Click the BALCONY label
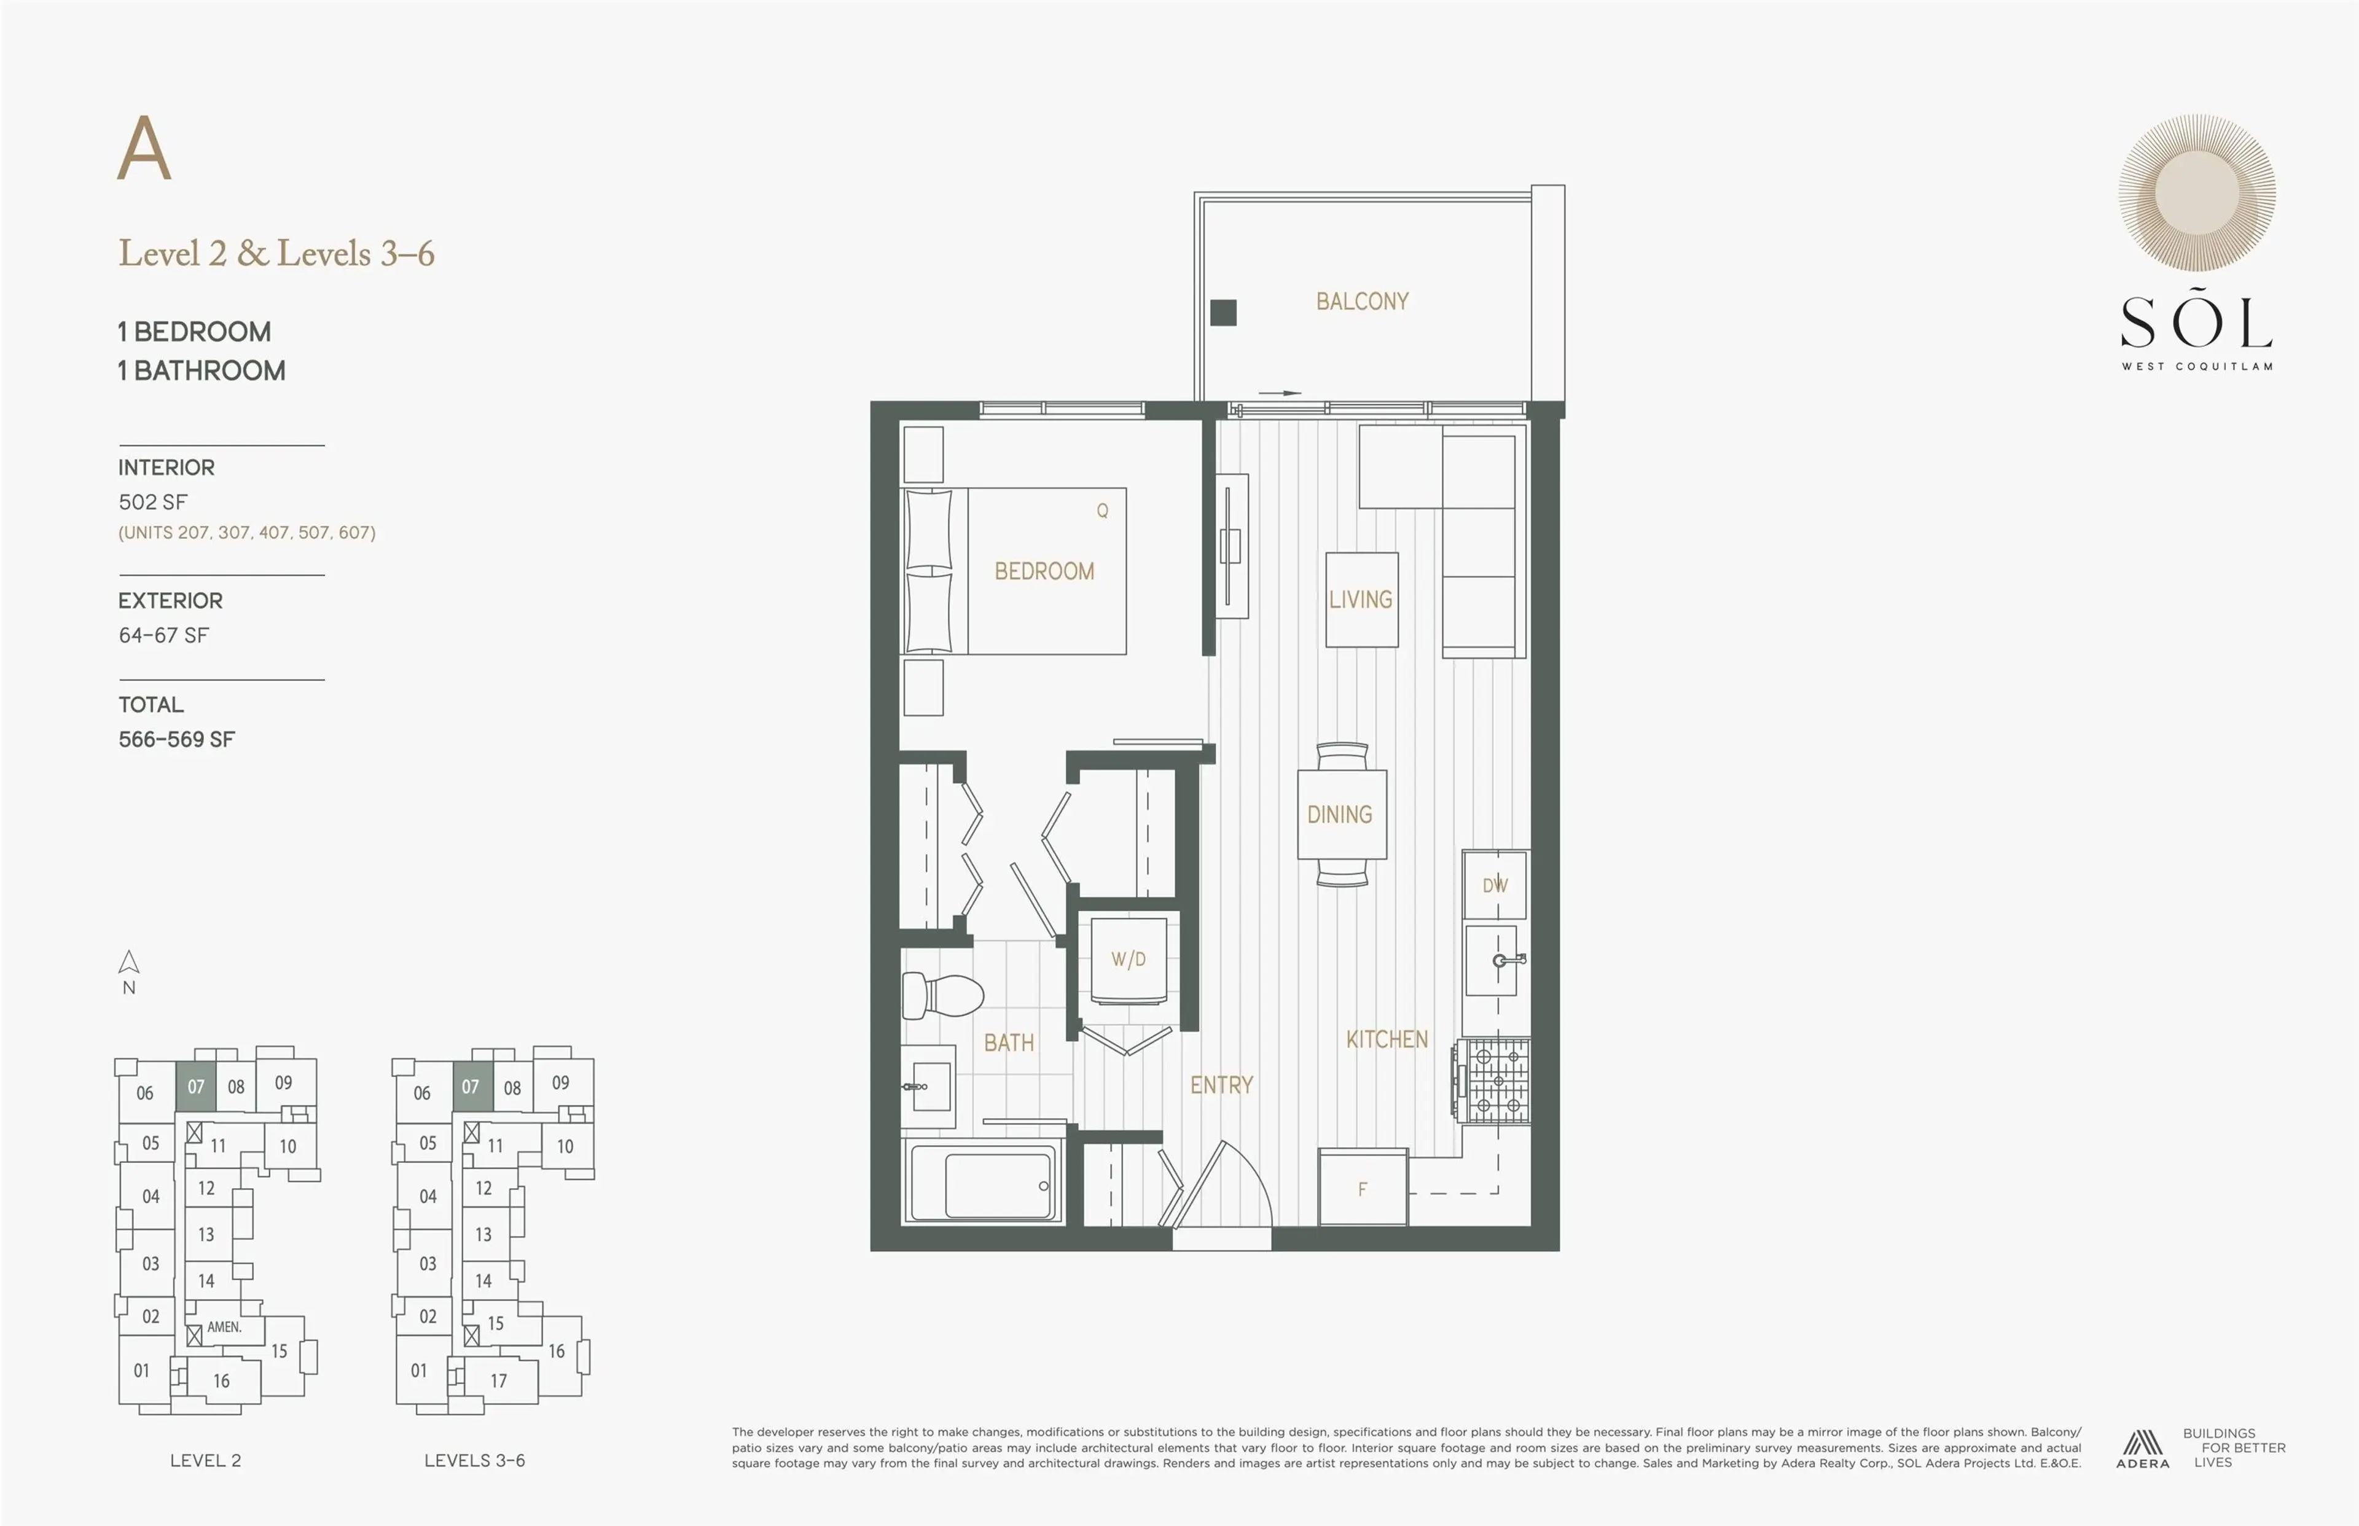1361,301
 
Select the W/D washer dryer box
1129,959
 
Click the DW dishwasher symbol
1494,885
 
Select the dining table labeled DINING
1340,815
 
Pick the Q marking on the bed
1101,511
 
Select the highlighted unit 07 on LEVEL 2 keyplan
196,1087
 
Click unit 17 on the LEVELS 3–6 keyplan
498,1380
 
